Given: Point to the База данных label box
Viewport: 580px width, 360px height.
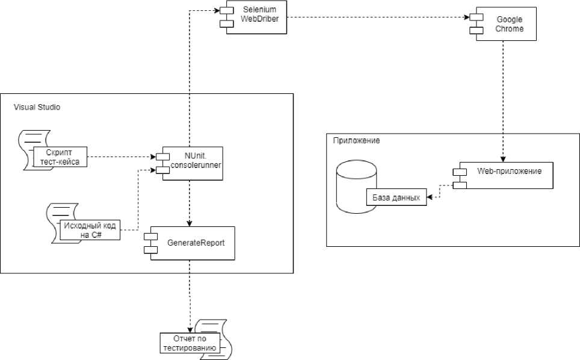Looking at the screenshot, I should pos(396,197).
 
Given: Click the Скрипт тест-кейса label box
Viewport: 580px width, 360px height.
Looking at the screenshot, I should pos(60,156).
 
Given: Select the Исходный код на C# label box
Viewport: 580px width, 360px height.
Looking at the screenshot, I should pos(89,230).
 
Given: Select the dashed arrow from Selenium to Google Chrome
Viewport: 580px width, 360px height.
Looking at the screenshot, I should pos(379,17).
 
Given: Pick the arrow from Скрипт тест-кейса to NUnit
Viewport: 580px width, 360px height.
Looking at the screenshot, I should pos(120,157).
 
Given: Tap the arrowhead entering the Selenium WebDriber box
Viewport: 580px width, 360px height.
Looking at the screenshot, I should pos(215,11).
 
